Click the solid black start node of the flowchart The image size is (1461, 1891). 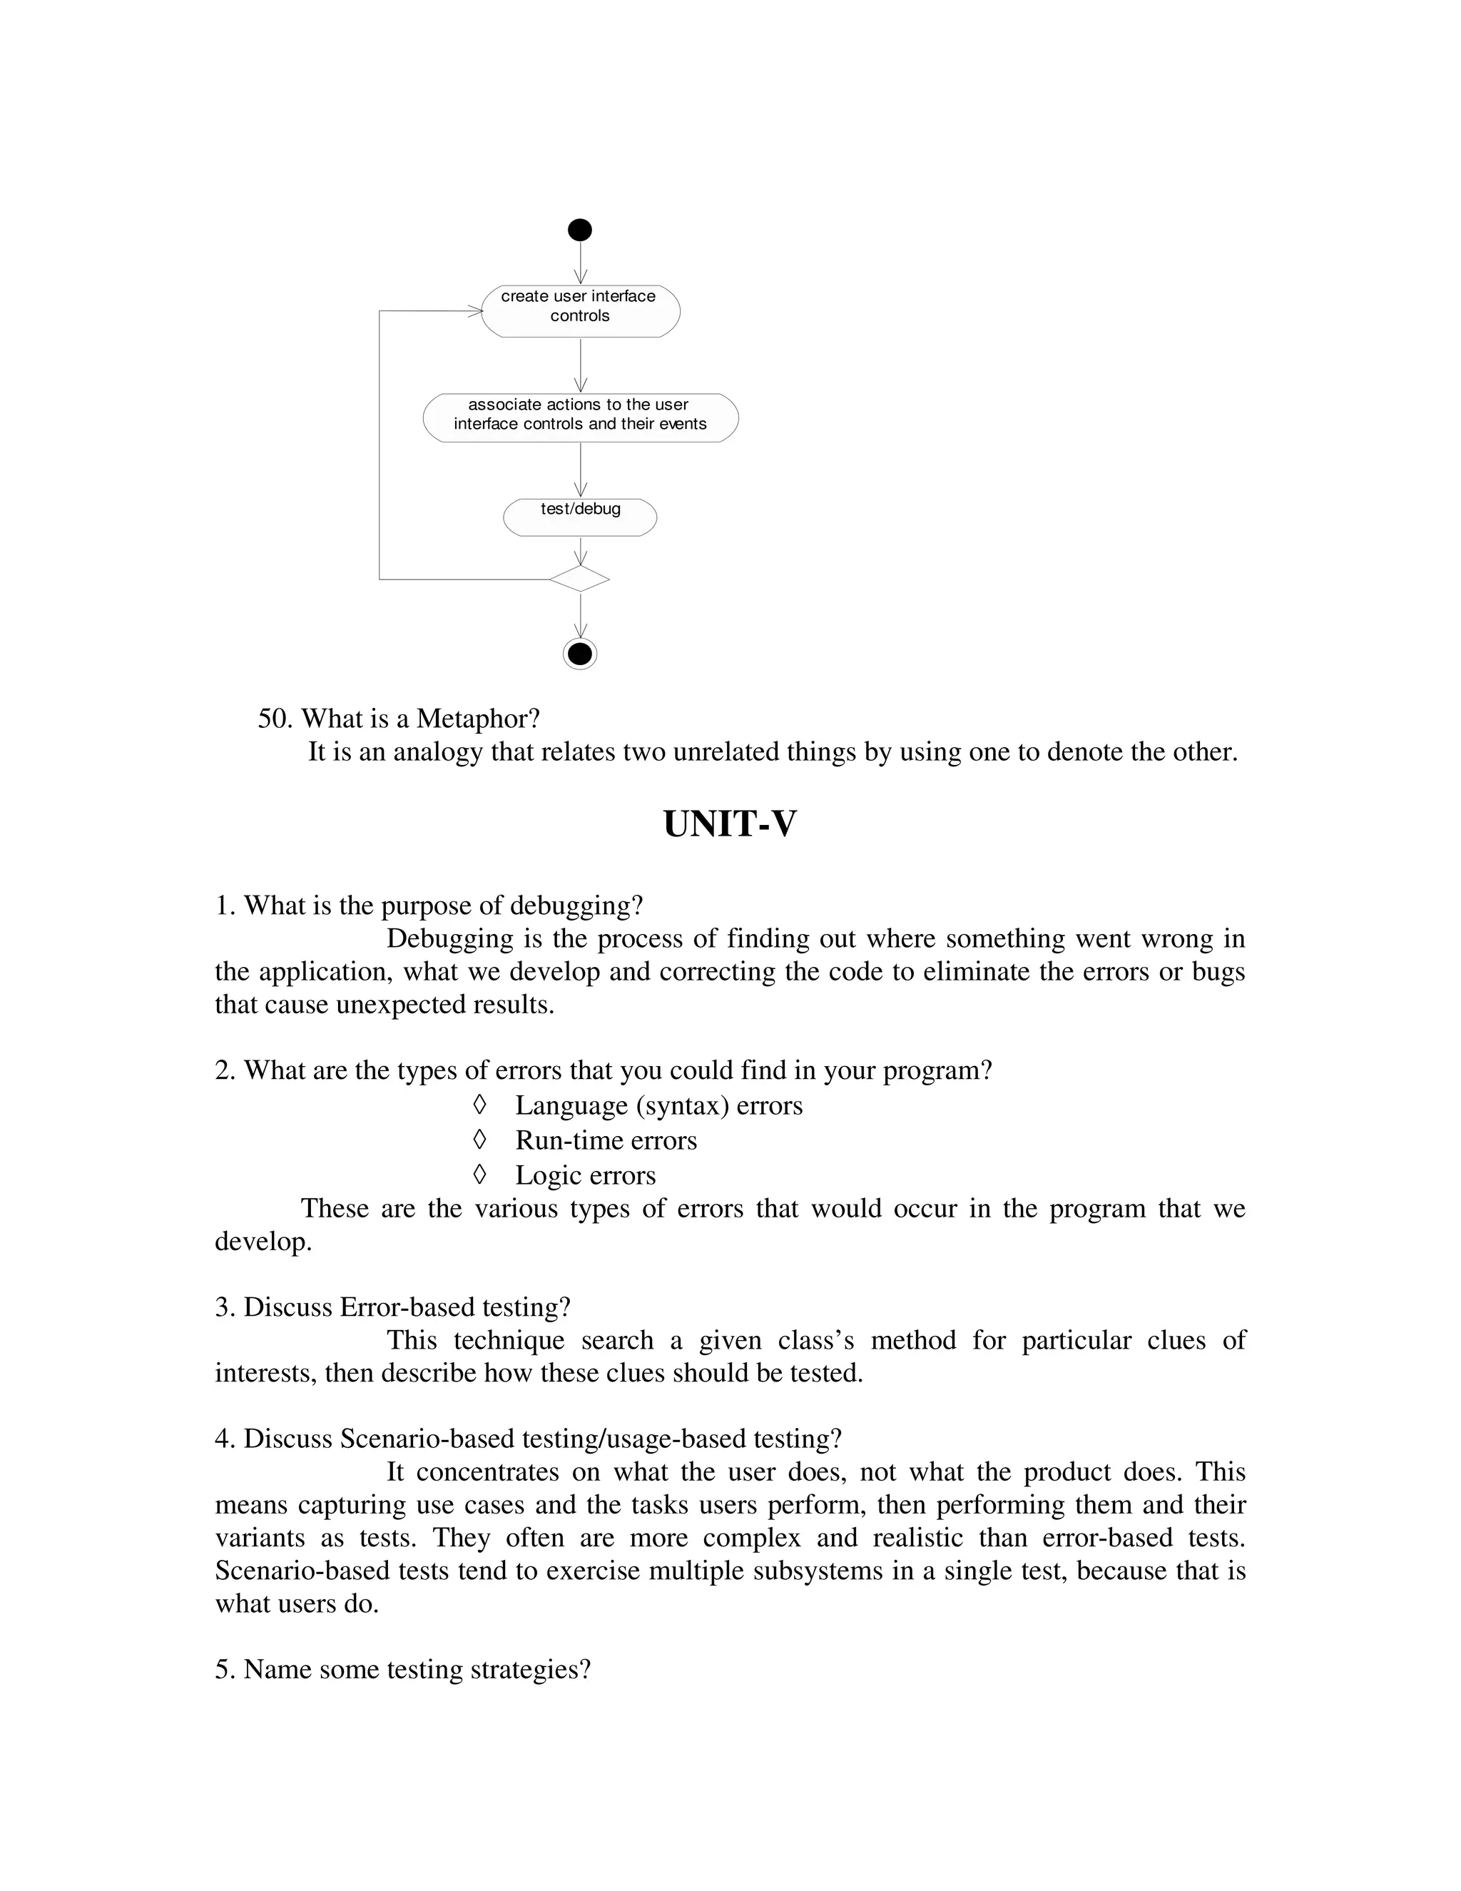[579, 230]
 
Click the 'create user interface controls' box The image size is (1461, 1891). [580, 311]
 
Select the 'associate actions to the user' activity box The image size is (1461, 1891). [580, 418]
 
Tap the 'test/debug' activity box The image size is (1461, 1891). [580, 517]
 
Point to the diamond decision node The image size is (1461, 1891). [579, 579]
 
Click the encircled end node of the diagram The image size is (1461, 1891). [579, 653]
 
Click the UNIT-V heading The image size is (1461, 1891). [729, 823]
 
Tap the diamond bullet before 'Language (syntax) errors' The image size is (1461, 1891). [479, 1105]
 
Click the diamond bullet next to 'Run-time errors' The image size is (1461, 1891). [479, 1140]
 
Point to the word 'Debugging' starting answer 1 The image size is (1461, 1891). [447, 938]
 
